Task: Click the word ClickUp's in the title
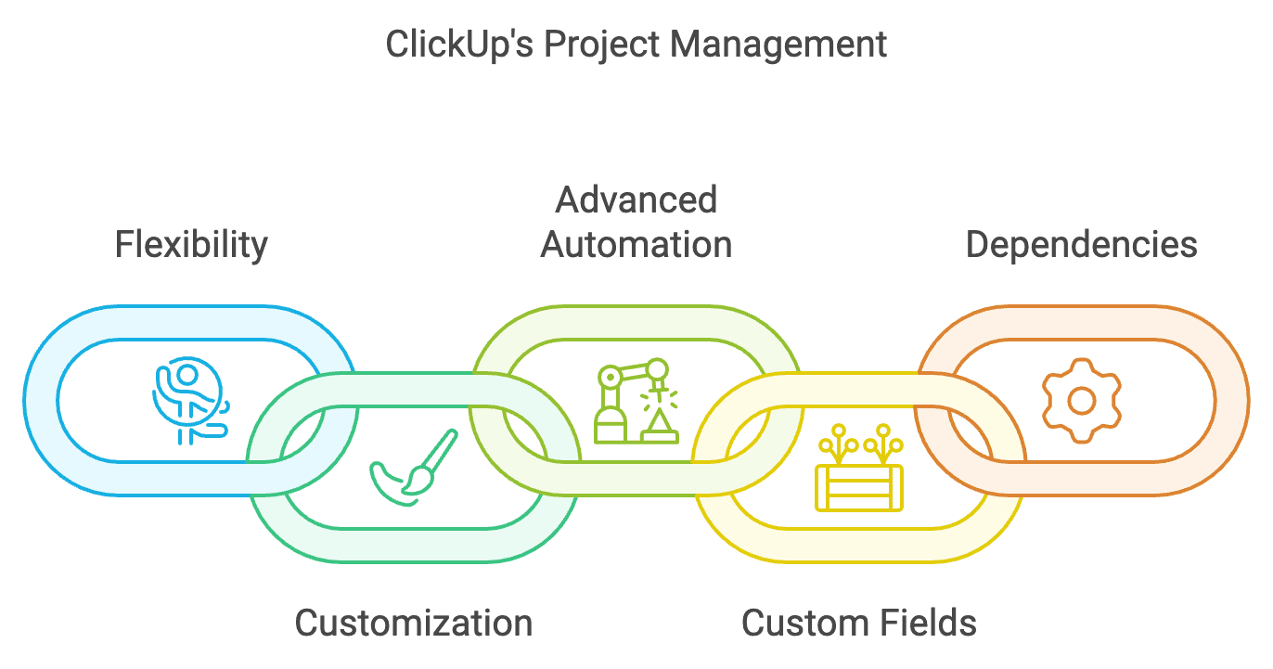pyautogui.click(x=459, y=44)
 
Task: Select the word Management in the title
pyautogui.click(x=780, y=44)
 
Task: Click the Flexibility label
pyautogui.click(x=191, y=245)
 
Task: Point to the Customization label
pyautogui.click(x=414, y=622)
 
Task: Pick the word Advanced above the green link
pyautogui.click(x=636, y=200)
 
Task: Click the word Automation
pyautogui.click(x=636, y=245)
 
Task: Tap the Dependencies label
pyautogui.click(x=1081, y=245)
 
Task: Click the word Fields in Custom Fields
pyautogui.click(x=928, y=622)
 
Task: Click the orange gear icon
pyautogui.click(x=1081, y=400)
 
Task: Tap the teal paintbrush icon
pyautogui.click(x=414, y=468)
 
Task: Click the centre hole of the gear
pyautogui.click(x=1081, y=401)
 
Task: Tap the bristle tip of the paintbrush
pyautogui.click(x=418, y=479)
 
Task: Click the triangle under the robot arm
pyautogui.click(x=659, y=425)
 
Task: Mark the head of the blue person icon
pyautogui.click(x=187, y=375)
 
